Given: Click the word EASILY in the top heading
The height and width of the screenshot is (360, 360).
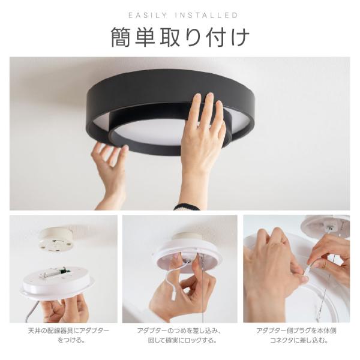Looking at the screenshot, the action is pos(148,16).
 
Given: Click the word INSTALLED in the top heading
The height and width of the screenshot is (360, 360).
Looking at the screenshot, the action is pos(206,16).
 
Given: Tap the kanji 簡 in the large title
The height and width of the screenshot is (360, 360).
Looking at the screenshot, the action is pos(121,37).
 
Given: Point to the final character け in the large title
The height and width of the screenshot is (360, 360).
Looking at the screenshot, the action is pos(240,37).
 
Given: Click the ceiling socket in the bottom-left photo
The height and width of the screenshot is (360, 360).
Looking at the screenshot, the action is pos(56,238).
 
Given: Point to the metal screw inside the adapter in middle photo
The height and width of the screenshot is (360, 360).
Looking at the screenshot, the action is pos(187,260).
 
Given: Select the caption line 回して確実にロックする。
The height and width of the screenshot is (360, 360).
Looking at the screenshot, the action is pos(182,340).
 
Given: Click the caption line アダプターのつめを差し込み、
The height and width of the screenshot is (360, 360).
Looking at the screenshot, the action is pos(179,331).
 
